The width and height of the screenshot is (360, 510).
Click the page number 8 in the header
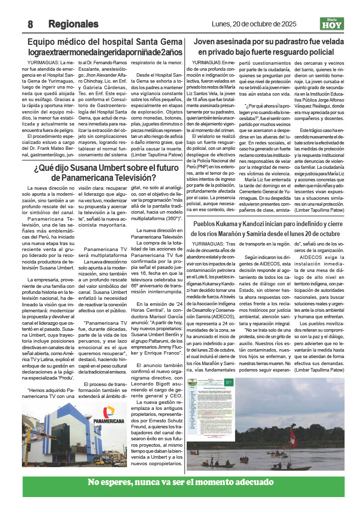30,24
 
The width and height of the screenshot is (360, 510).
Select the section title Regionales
73,24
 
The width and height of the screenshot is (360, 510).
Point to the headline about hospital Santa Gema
105,47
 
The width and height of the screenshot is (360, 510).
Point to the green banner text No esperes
180,482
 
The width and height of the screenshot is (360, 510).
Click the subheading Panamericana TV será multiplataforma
105,252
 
